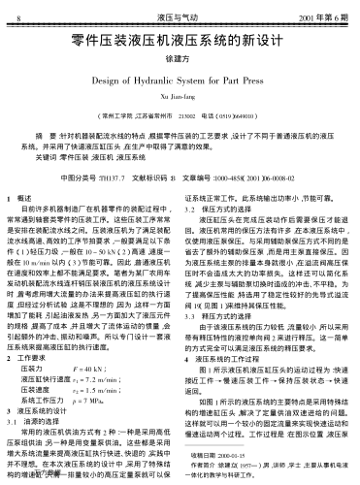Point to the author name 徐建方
(180, 63)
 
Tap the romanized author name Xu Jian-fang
(180, 100)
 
